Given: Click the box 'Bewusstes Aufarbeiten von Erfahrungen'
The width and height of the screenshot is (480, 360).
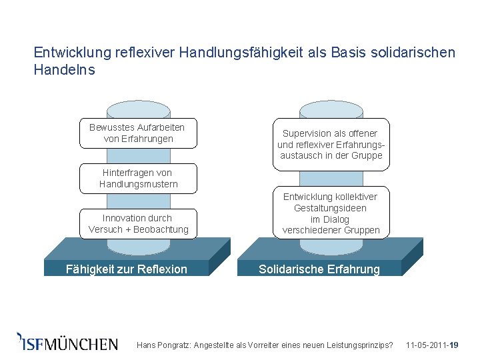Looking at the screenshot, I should click(138, 133).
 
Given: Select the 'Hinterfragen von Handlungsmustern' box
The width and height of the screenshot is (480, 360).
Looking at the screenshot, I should click(138, 178).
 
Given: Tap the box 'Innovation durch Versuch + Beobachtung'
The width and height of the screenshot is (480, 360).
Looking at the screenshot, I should click(138, 224).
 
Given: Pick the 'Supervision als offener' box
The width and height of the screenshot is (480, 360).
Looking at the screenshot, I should click(331, 144).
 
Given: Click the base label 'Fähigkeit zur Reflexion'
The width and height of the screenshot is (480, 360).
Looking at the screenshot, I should click(127, 269).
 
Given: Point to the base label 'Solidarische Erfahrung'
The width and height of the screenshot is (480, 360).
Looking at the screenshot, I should click(319, 269).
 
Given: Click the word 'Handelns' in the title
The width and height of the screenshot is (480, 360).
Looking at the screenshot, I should click(64, 69).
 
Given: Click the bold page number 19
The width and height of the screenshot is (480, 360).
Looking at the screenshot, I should click(454, 345).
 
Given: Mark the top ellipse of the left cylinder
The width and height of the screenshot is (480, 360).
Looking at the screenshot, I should click(138, 109).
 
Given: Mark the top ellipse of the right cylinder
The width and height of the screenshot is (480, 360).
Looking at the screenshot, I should click(331, 109).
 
